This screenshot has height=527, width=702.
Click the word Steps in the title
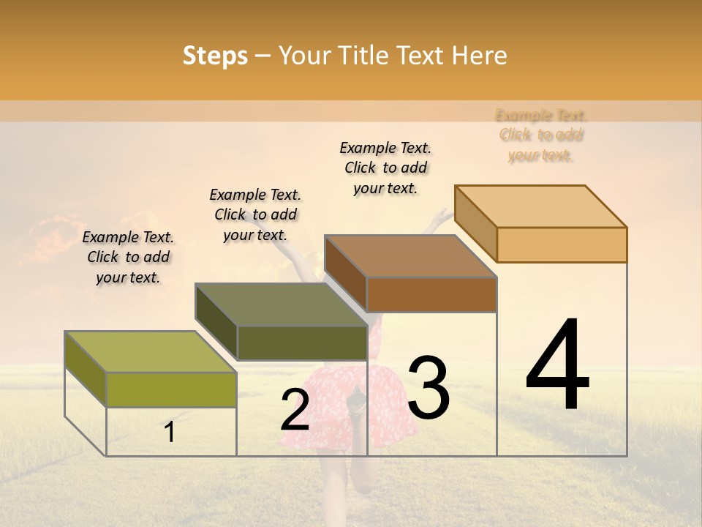[x=215, y=56]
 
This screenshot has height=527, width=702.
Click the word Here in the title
[x=480, y=56]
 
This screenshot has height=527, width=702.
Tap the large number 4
[x=557, y=366]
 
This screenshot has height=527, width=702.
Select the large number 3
[x=429, y=388]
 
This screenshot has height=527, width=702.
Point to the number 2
[x=295, y=410]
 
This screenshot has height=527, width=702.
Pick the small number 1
[x=170, y=433]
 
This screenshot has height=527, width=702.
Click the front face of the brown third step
[x=431, y=295]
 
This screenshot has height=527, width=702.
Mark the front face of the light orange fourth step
[x=562, y=244]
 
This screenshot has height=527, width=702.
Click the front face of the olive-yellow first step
[x=171, y=389]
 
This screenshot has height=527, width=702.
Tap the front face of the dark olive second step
[x=302, y=343]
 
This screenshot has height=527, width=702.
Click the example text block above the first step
[x=128, y=257]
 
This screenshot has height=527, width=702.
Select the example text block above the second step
[x=255, y=214]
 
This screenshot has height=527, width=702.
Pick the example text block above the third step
[x=385, y=168]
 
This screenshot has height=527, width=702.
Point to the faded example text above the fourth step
[x=541, y=135]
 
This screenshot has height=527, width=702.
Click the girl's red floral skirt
[x=344, y=403]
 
